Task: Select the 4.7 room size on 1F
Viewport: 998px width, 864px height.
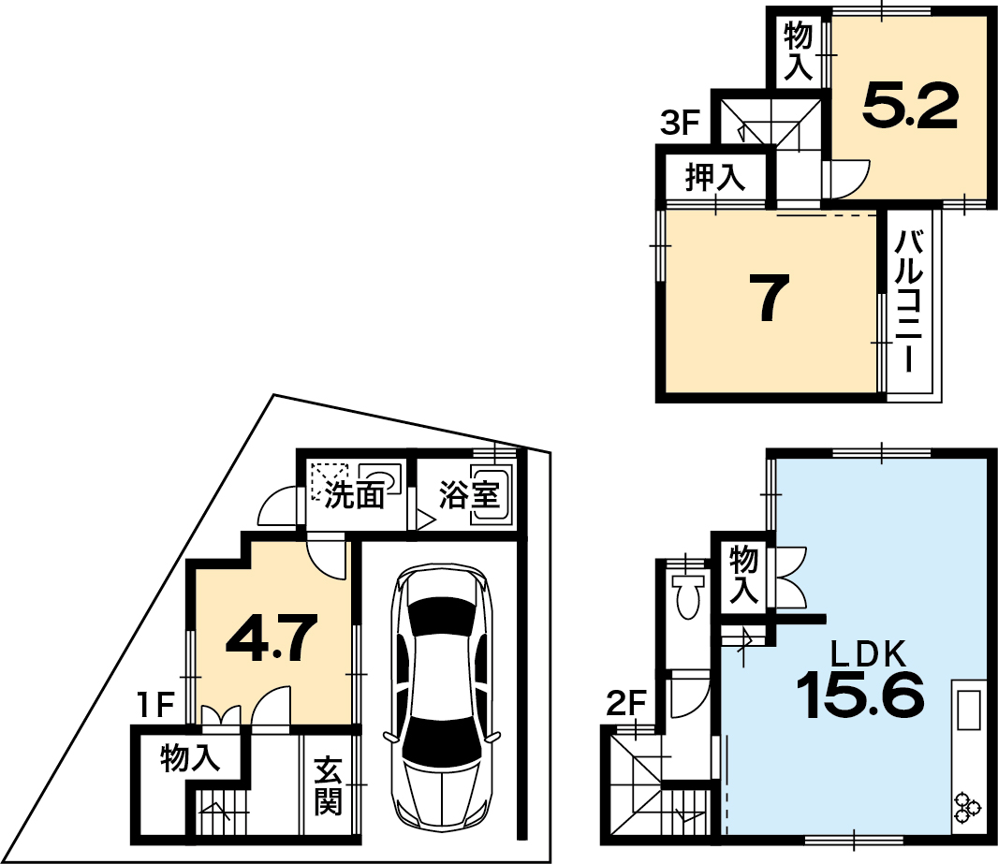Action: click(x=272, y=637)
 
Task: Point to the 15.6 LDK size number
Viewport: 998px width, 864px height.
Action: click(x=860, y=695)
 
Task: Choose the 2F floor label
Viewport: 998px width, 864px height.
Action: click(x=626, y=704)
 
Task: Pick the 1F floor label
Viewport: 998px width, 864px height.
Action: click(x=155, y=704)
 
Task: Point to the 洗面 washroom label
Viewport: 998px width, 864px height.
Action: click(x=355, y=495)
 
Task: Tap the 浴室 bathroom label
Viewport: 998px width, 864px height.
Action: click(x=469, y=494)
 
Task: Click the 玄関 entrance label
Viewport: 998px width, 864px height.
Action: click(x=329, y=785)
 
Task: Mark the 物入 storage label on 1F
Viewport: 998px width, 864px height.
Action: click(x=191, y=757)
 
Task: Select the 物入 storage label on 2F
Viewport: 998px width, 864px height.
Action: click(x=743, y=575)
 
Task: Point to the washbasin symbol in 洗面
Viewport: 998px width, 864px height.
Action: click(x=379, y=477)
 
